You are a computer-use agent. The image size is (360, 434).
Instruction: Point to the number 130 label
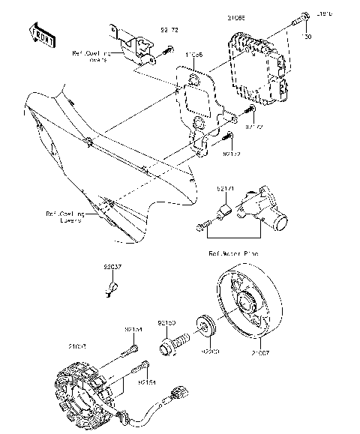point(306,36)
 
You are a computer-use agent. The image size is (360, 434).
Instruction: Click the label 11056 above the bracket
point(193,55)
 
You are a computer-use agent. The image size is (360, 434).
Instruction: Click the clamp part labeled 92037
point(112,286)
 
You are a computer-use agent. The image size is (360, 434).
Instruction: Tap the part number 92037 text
point(112,266)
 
